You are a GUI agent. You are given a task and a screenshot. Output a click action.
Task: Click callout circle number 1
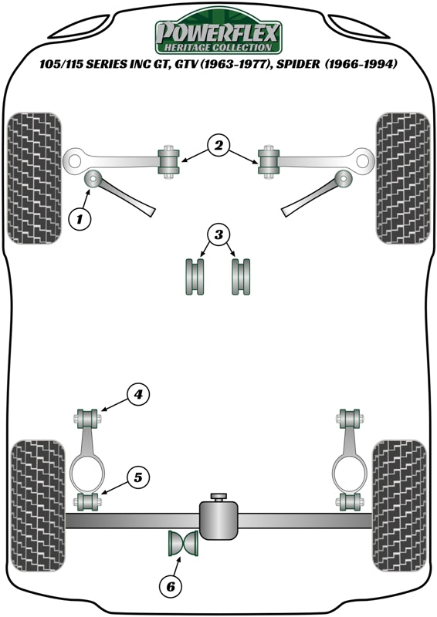click(x=80, y=219)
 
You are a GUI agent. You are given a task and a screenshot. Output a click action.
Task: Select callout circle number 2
click(x=218, y=144)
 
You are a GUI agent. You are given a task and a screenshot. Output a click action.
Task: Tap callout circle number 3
click(x=218, y=234)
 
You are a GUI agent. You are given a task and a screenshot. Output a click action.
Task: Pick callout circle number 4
click(x=138, y=396)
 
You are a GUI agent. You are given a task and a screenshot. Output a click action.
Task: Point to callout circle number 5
click(x=138, y=477)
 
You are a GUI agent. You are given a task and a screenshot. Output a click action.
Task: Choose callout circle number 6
click(x=171, y=587)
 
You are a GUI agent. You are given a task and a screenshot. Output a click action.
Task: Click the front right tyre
click(x=402, y=177)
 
